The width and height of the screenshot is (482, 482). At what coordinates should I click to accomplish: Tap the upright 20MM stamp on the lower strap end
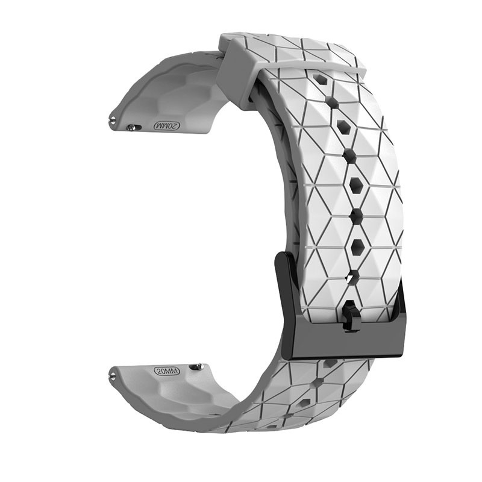click(167, 371)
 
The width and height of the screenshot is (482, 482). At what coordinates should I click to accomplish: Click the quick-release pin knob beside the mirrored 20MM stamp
click(133, 127)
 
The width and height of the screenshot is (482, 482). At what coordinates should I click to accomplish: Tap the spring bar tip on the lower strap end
click(113, 375)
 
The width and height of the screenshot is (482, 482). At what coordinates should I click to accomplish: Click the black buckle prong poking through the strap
click(350, 317)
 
